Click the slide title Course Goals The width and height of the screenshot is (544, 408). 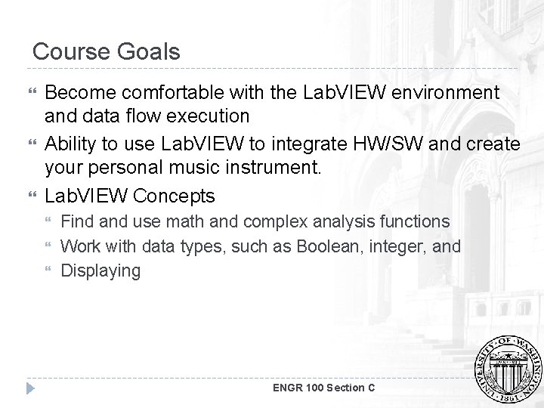pos(107,51)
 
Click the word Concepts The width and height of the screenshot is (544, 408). pos(173,196)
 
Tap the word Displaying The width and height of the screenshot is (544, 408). pos(100,270)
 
